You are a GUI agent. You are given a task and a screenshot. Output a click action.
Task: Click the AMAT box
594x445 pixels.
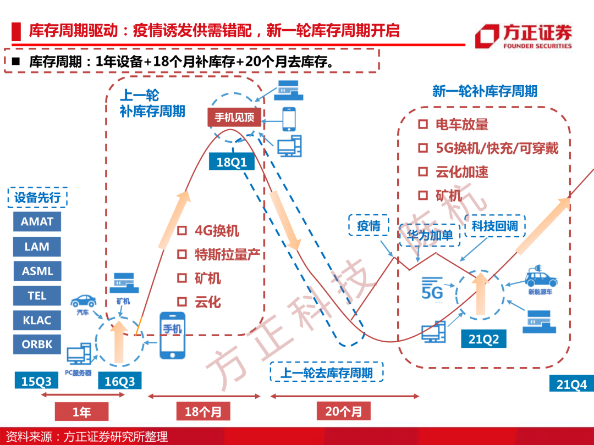[x=37, y=221]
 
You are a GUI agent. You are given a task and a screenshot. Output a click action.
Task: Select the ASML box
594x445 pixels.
[x=37, y=271]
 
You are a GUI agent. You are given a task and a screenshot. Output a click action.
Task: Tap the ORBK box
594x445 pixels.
[x=37, y=344]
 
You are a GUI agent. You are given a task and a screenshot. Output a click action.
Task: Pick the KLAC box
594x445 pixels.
[x=37, y=320]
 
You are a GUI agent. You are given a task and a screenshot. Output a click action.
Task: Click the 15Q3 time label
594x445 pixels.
[x=36, y=381]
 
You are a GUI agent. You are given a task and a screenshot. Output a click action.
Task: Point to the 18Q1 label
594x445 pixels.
[x=232, y=162]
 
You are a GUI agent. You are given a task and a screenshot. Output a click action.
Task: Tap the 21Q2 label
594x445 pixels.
[x=483, y=339]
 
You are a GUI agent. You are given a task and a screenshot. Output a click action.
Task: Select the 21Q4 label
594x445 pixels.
[x=571, y=384]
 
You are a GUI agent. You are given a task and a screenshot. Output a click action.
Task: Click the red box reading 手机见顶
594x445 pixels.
[x=234, y=118]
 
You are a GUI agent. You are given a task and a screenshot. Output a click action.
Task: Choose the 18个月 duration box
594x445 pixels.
[x=203, y=411]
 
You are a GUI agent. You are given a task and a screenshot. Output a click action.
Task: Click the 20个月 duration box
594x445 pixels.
[x=344, y=411]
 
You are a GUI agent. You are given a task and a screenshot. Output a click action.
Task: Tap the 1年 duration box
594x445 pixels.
[x=81, y=411]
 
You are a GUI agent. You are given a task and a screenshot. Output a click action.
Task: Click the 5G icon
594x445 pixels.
[x=432, y=289]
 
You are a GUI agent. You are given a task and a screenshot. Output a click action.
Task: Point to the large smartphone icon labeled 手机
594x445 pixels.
[x=172, y=335]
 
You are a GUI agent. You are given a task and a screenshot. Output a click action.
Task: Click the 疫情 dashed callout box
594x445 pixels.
[x=369, y=226]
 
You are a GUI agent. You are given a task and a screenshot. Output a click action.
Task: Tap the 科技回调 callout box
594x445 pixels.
[x=495, y=226]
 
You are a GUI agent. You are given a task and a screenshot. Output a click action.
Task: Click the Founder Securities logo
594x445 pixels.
[x=524, y=36]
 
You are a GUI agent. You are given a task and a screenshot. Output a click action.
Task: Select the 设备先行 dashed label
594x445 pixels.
[x=37, y=197]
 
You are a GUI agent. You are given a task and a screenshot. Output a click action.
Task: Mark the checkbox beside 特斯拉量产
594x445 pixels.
[x=182, y=254]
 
